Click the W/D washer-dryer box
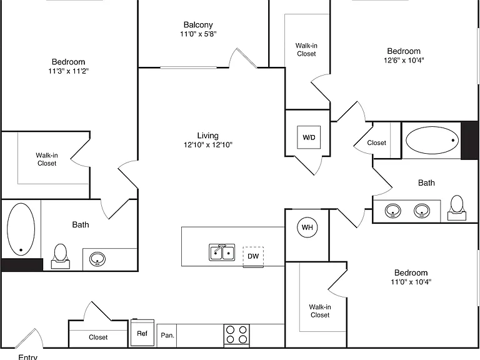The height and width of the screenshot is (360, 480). click(309, 137)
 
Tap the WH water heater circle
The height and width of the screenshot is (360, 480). click(307, 227)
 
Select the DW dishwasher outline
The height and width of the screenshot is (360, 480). click(253, 256)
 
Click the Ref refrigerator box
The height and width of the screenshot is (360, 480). click(142, 332)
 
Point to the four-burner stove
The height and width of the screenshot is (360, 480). click(236, 335)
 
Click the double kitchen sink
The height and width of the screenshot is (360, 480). click(222, 252)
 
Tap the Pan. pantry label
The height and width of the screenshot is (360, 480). click(167, 335)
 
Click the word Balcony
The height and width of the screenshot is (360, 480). click(198, 24)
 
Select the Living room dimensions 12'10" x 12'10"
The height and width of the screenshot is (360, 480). click(208, 144)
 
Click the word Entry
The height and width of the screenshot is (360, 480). click(28, 357)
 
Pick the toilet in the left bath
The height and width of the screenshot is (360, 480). click(60, 256)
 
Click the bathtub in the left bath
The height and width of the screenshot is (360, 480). click(21, 229)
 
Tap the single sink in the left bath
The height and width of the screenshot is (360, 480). click(97, 259)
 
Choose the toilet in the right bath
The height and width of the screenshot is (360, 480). click(457, 207)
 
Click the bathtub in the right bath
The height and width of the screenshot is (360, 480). click(432, 140)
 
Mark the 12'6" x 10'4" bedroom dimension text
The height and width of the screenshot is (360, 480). click(404, 60)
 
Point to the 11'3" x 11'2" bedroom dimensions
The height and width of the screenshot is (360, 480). click(68, 71)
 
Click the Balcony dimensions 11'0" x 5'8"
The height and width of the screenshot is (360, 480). click(198, 34)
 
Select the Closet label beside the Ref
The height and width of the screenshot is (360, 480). click(98, 337)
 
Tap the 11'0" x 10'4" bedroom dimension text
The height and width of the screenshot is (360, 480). click(411, 282)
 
